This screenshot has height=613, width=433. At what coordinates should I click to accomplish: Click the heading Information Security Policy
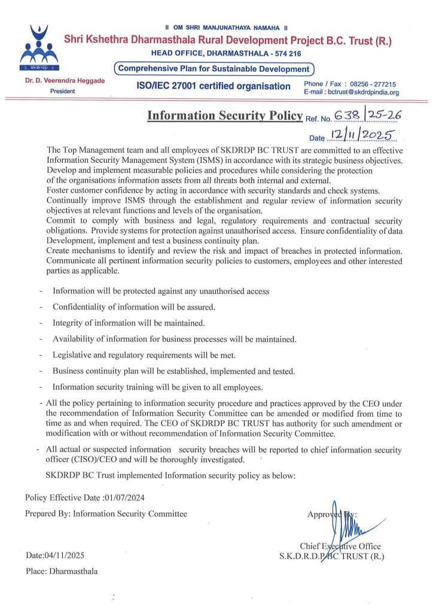point(225,115)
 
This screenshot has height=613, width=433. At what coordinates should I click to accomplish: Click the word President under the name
point(63,91)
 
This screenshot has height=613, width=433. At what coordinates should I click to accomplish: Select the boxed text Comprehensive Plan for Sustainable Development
point(214,69)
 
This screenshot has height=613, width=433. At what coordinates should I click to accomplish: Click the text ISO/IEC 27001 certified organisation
point(214,86)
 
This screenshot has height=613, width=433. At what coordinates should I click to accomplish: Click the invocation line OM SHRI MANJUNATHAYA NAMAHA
point(227,28)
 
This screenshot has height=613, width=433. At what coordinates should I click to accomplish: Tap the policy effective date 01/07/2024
point(124,497)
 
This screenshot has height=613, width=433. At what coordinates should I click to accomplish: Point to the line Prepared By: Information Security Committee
point(106,514)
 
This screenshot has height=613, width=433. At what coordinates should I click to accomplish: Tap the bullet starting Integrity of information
point(129,323)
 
